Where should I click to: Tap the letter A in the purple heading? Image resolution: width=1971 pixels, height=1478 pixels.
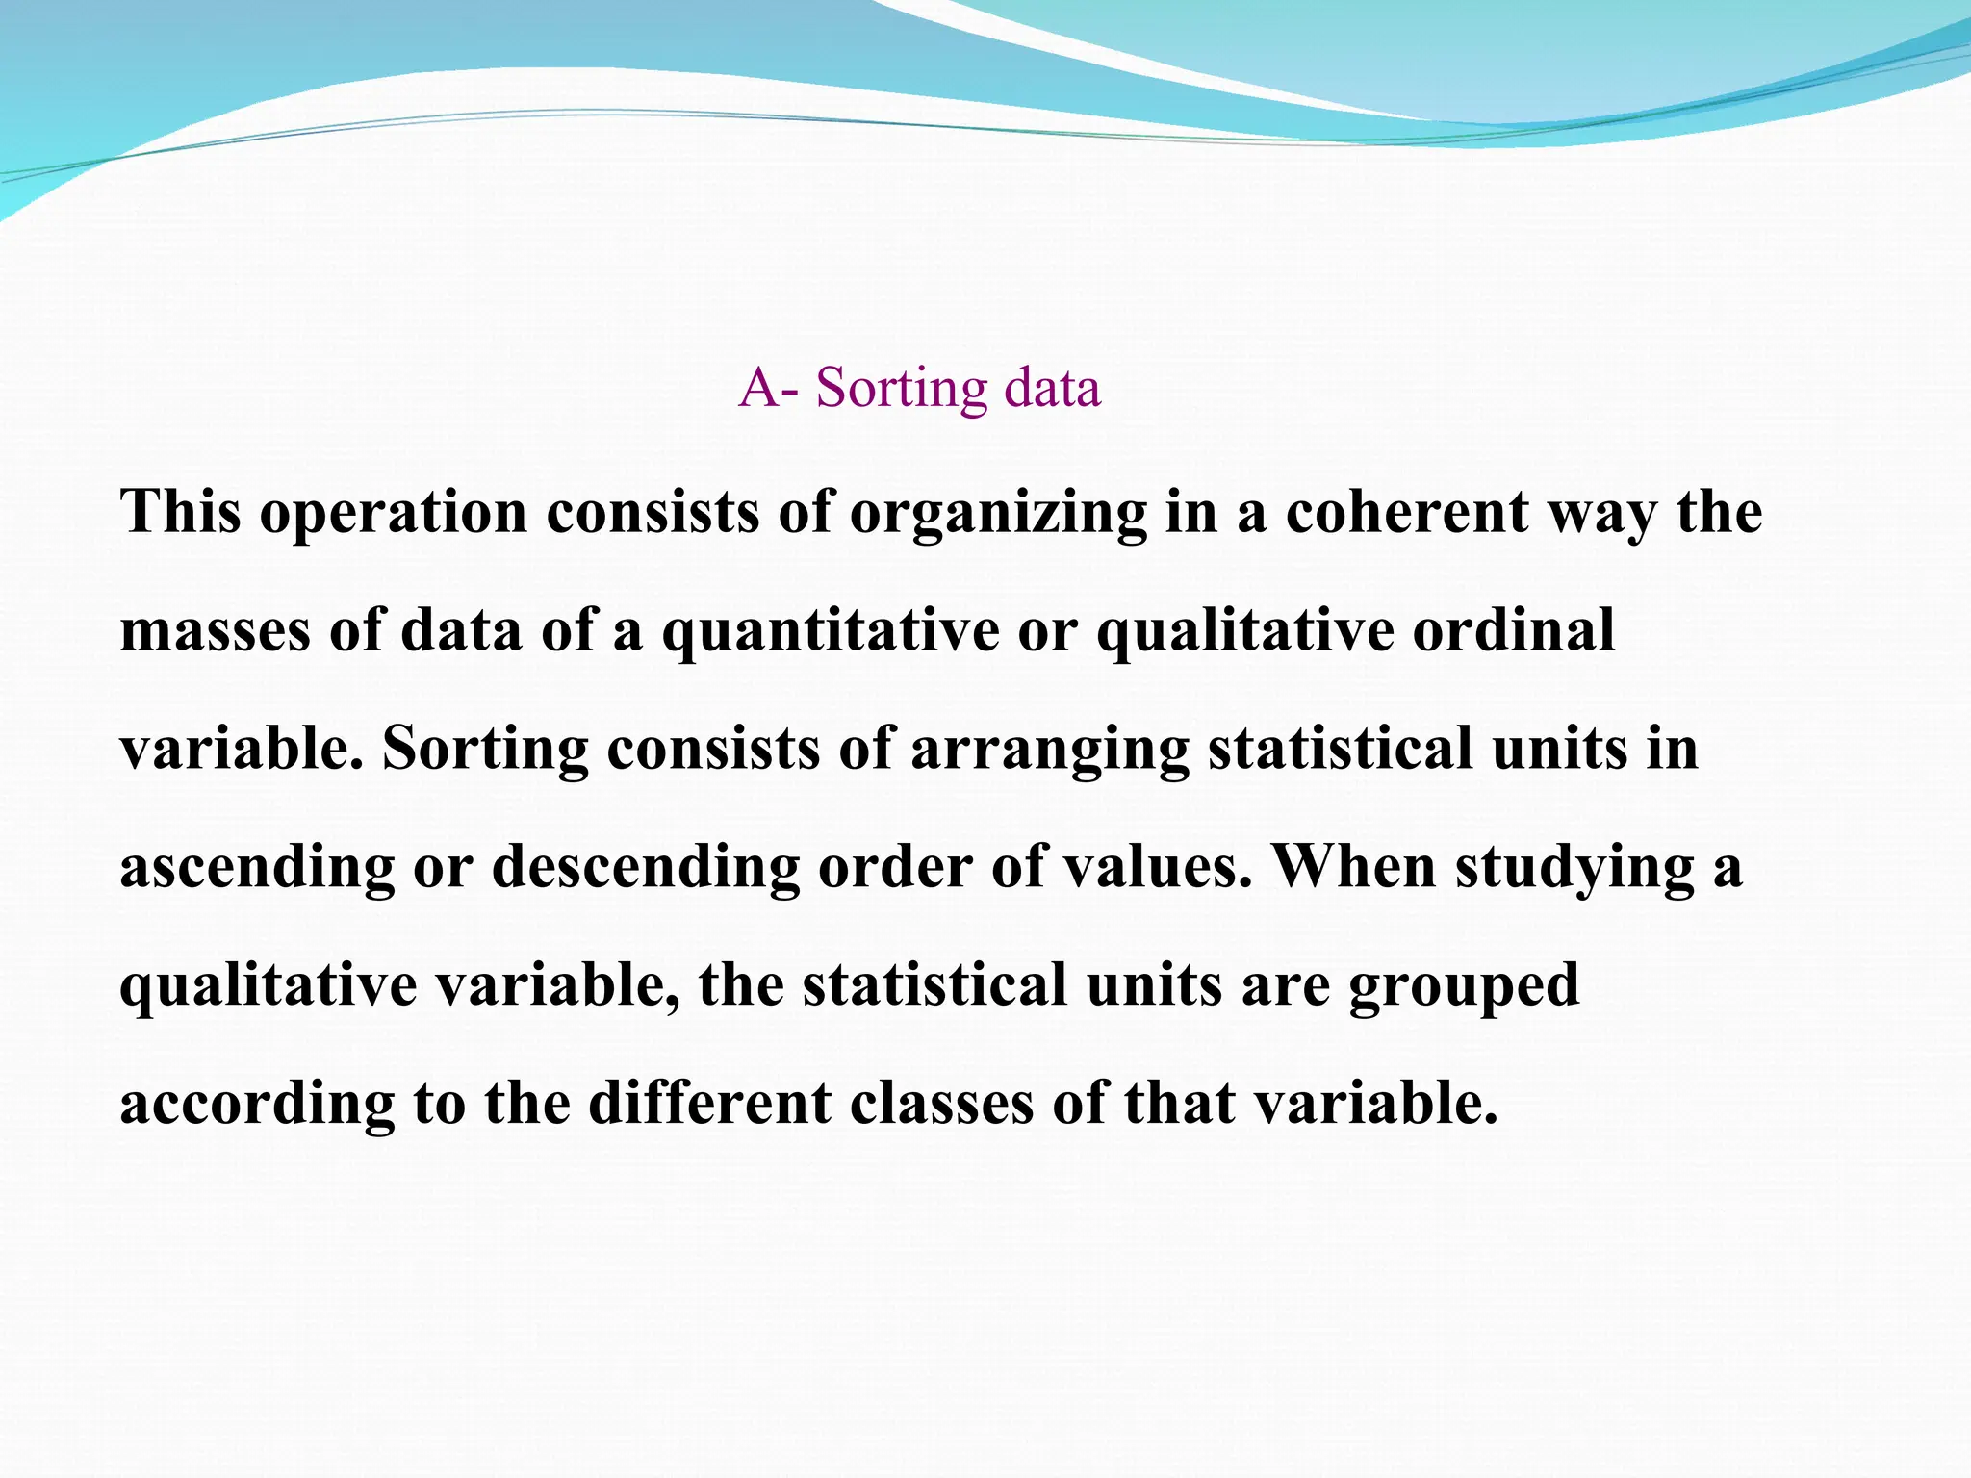[x=759, y=388]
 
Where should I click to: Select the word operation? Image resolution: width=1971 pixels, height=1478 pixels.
[x=394, y=512]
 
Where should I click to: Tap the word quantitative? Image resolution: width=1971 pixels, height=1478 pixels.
[x=831, y=633]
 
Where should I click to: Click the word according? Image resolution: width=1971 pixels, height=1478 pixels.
[x=257, y=1105]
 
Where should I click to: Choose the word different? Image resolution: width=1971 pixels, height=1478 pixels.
[x=710, y=1103]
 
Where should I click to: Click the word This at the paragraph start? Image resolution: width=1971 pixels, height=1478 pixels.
[x=180, y=512]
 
